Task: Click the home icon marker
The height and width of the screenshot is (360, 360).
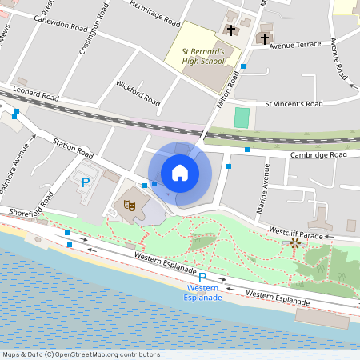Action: [x=180, y=172]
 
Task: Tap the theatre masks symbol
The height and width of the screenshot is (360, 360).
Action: [x=130, y=206]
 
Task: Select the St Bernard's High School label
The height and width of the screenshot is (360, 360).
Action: [x=202, y=54]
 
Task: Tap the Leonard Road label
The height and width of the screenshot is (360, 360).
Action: [x=34, y=94]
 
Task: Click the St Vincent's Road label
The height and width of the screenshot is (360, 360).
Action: [x=294, y=104]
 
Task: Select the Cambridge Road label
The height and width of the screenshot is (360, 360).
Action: [x=318, y=154]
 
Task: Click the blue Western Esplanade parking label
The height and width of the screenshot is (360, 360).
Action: [x=204, y=292]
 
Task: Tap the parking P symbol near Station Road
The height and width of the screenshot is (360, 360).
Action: [x=85, y=182]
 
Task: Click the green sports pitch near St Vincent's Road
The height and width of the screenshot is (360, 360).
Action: [x=241, y=117]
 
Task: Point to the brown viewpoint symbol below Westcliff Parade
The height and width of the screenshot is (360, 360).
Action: [x=295, y=242]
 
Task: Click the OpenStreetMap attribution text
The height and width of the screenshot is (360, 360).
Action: [x=70, y=354]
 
